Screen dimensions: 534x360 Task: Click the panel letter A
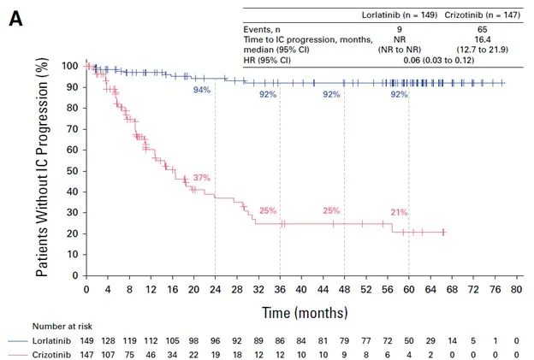(x=15, y=19)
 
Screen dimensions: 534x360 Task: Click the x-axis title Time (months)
(x=305, y=312)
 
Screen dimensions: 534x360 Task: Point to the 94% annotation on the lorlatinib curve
(x=202, y=90)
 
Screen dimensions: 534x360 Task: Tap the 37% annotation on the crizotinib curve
(x=202, y=177)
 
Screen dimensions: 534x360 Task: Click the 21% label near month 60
(x=399, y=212)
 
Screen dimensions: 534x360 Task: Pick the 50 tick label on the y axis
(x=72, y=171)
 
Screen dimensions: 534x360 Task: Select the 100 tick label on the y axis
(x=69, y=66)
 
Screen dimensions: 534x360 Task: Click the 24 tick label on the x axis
(x=216, y=290)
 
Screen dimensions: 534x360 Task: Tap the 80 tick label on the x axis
(x=517, y=290)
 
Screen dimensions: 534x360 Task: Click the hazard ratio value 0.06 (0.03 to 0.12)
(x=439, y=60)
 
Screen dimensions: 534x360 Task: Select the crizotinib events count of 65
(x=483, y=29)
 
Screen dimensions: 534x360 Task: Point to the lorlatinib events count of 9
(x=399, y=29)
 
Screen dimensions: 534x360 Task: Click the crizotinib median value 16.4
(x=483, y=39)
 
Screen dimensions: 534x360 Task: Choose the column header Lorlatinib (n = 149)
(x=399, y=15)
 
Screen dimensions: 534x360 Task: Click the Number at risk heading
(x=62, y=327)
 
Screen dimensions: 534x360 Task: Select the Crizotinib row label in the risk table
(x=51, y=355)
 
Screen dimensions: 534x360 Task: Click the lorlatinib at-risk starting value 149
(x=86, y=340)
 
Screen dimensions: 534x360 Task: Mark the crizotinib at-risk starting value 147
(x=86, y=355)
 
